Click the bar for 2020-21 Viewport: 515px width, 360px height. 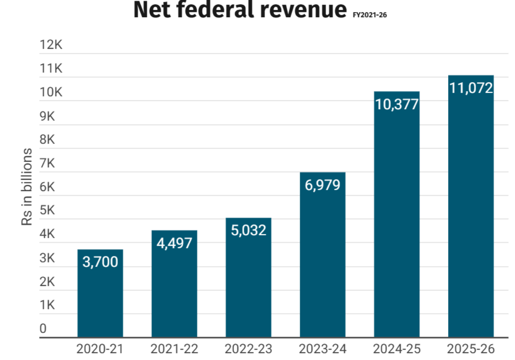100,298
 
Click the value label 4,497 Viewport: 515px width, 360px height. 174,243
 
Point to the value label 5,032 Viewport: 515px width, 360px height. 248,230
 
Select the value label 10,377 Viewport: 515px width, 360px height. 397,104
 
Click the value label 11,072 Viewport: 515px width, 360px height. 471,88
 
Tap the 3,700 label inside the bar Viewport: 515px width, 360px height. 100,262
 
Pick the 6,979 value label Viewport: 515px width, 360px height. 322,185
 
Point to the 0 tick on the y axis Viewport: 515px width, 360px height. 43,328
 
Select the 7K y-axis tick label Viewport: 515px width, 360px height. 47,163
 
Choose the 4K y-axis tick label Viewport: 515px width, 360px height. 47,234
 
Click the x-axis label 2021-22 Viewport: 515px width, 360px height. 174,349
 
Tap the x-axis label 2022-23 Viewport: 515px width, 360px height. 248,349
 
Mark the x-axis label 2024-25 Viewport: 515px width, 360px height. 397,349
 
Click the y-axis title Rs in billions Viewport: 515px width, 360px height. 27,187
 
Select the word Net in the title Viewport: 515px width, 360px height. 156,10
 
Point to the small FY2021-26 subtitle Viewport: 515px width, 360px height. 370,15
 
